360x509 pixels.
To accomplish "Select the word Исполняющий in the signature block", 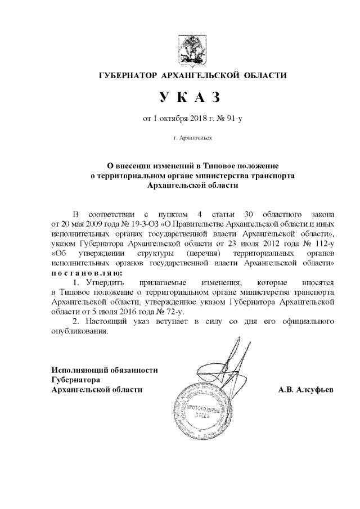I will (x=80, y=370).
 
